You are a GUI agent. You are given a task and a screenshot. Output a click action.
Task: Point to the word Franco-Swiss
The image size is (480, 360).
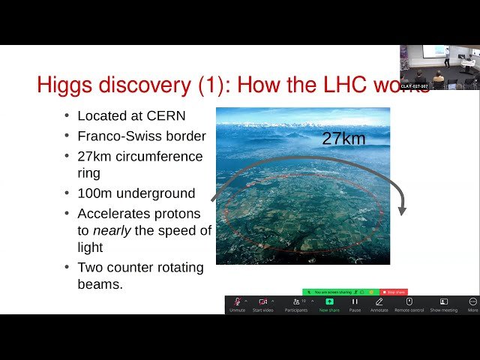111,136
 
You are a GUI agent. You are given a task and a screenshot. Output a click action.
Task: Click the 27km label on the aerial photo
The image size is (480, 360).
347,138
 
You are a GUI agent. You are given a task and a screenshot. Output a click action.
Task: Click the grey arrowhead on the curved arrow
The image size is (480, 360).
403,209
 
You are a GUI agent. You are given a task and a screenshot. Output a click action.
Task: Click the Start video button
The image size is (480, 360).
262,303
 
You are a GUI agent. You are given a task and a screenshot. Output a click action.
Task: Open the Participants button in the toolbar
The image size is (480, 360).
295,303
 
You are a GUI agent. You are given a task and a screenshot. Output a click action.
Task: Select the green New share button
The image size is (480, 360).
329,303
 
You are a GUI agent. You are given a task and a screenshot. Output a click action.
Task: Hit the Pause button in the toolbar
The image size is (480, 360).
355,303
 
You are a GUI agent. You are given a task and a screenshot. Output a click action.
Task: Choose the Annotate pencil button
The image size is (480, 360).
379,303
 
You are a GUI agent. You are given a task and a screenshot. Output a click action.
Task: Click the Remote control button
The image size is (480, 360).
409,303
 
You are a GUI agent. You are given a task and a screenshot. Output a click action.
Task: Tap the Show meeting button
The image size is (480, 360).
443,303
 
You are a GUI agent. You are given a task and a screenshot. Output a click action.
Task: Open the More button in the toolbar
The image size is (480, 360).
472,303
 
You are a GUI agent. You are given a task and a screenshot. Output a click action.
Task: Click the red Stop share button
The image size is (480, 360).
394,292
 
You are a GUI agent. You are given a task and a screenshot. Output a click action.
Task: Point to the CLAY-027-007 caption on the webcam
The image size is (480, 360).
414,86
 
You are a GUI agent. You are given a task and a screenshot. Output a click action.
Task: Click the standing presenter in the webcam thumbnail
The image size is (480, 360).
447,56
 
